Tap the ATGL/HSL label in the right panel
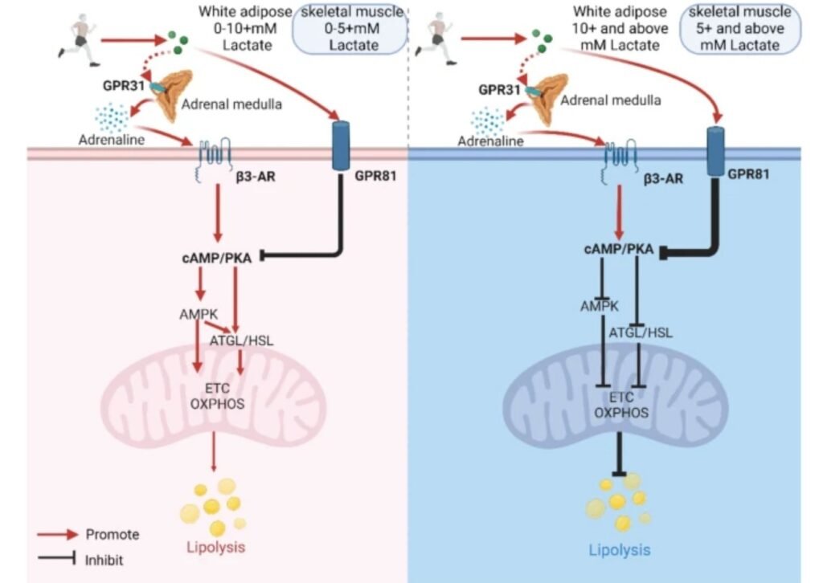pos(640,332)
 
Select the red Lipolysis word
pos(214,548)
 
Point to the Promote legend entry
pos(112,534)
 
